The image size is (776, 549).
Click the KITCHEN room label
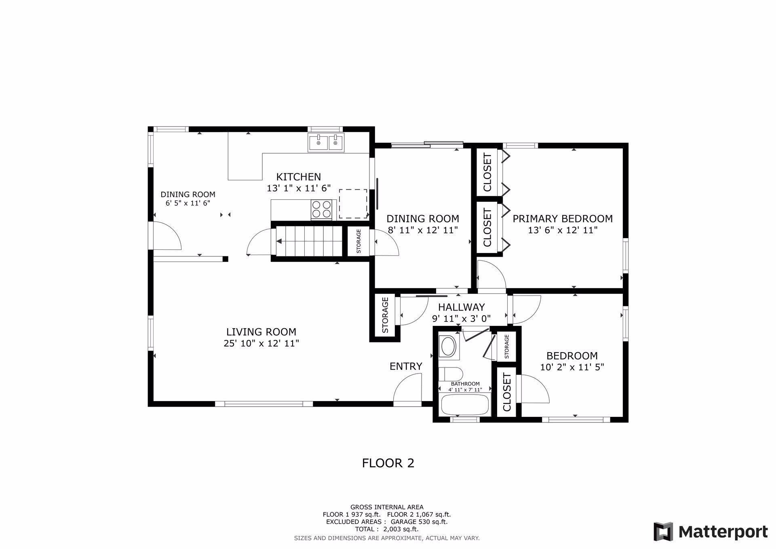coord(299,177)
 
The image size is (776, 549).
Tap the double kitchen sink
coord(326,142)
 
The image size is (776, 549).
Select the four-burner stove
coord(321,210)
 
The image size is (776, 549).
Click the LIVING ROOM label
coord(261,332)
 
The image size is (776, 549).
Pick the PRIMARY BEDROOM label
coord(563,219)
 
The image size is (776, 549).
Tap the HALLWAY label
coord(461,307)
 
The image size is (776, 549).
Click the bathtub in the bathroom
coord(465,404)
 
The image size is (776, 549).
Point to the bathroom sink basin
coord(448,346)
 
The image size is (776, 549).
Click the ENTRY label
coord(406,366)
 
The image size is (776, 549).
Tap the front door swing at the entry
coord(407,390)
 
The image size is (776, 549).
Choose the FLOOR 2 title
coord(388,463)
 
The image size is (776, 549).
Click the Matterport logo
coord(711,531)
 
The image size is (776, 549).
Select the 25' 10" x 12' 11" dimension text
coord(261,344)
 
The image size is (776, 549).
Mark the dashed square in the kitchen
coord(353,204)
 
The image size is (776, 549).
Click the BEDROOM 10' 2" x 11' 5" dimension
coord(572,367)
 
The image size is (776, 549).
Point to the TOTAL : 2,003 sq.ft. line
coord(387,529)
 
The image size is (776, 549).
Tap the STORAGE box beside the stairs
coord(358,241)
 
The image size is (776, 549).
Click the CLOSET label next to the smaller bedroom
coord(507,392)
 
